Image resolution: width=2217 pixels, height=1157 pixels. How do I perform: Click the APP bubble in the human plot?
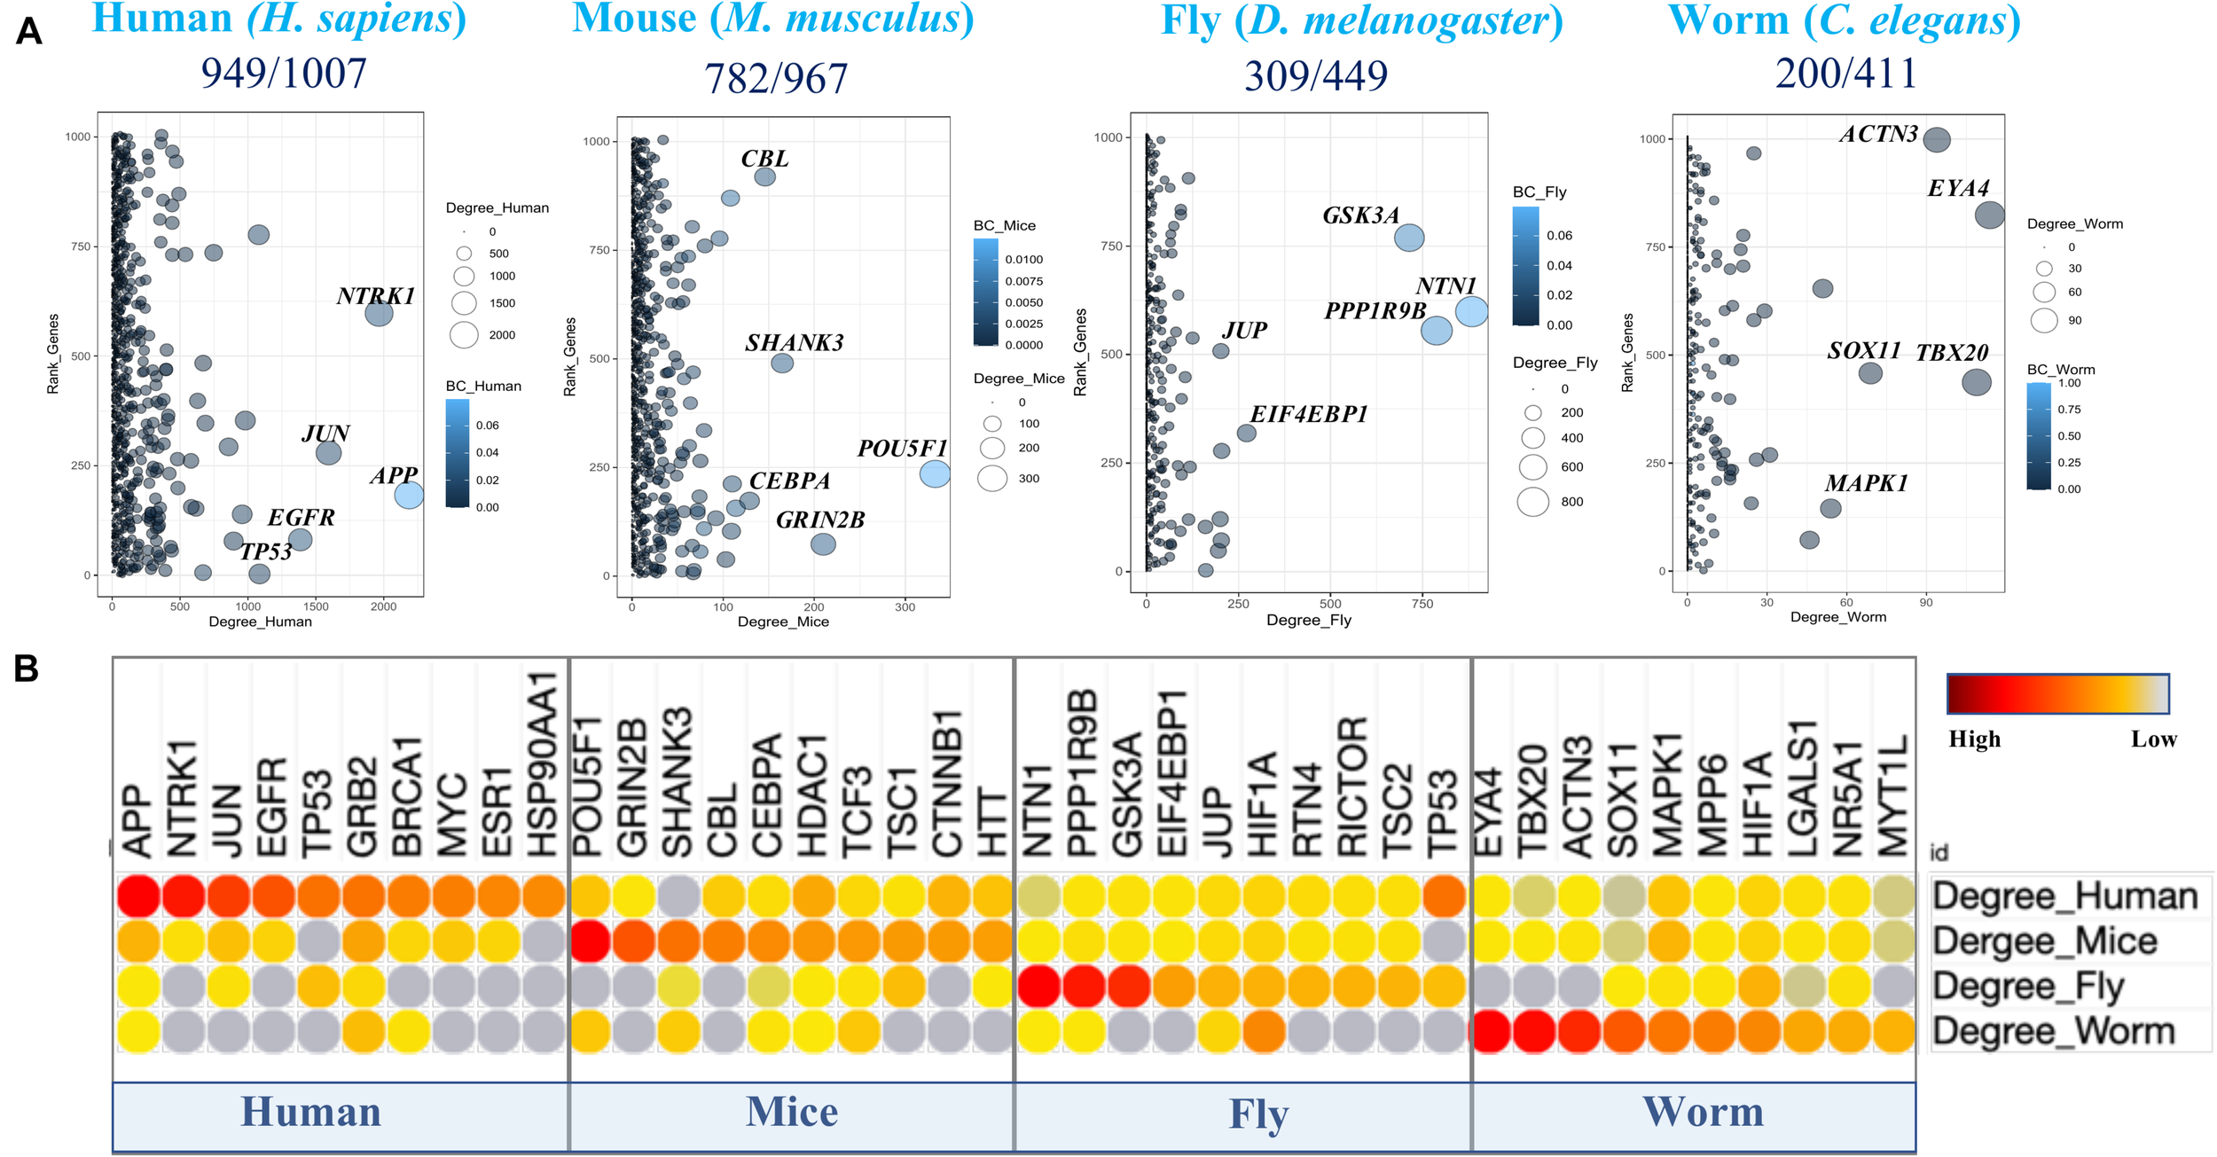pyautogui.click(x=409, y=495)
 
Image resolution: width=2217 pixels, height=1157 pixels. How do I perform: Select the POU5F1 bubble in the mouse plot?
pyautogui.click(x=935, y=473)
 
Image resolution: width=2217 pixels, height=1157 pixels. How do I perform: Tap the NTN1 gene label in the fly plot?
pyautogui.click(x=1445, y=285)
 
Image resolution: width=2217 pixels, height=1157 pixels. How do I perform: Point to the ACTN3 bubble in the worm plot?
pyautogui.click(x=1937, y=139)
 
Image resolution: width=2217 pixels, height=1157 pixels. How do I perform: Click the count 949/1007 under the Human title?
pyautogui.click(x=284, y=73)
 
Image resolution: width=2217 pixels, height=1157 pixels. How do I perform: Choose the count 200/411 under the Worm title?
pyautogui.click(x=1845, y=73)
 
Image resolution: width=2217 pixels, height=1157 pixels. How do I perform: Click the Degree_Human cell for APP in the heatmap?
pyautogui.click(x=138, y=895)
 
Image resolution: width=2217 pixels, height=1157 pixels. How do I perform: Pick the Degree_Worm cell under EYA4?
pyautogui.click(x=1491, y=1032)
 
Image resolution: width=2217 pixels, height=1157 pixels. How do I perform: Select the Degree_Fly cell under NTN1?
pyautogui.click(x=1039, y=987)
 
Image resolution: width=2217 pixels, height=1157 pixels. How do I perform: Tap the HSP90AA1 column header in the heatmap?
pyautogui.click(x=543, y=764)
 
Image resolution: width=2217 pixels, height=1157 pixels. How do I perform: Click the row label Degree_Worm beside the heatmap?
pyautogui.click(x=2054, y=1032)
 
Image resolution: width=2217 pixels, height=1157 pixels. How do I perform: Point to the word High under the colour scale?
pyautogui.click(x=1974, y=739)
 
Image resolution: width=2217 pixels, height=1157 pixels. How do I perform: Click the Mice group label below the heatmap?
pyautogui.click(x=791, y=1112)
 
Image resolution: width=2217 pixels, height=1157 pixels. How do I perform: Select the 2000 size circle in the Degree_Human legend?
pyautogui.click(x=464, y=335)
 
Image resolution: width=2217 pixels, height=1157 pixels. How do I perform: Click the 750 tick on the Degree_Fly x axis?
pyautogui.click(x=1422, y=604)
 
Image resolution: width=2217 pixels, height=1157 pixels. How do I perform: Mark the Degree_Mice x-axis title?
pyautogui.click(x=783, y=622)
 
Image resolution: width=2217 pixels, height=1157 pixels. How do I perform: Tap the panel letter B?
pyautogui.click(x=27, y=669)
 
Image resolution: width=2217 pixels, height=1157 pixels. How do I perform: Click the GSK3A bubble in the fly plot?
pyautogui.click(x=1409, y=238)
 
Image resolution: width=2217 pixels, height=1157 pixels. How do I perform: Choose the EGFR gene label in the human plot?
pyautogui.click(x=302, y=518)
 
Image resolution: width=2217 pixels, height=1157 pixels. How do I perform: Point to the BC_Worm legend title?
pyautogui.click(x=2061, y=370)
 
